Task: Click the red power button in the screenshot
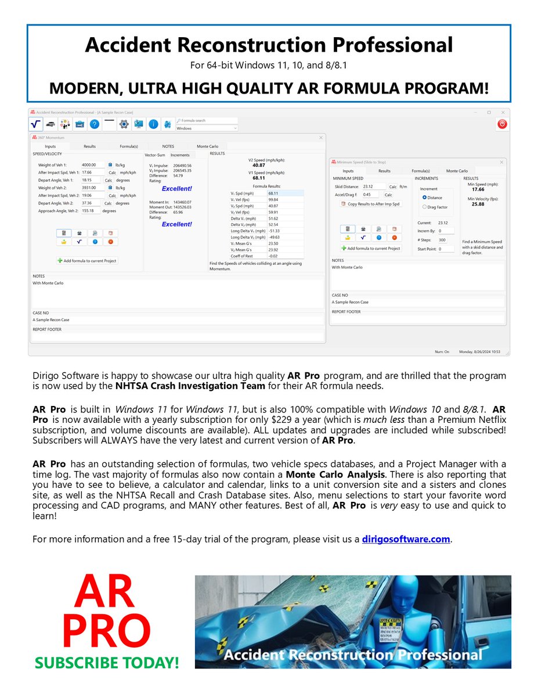pos(502,124)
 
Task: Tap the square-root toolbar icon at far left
pos(35,124)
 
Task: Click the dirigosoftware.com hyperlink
pos(406,538)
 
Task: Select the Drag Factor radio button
pos(425,207)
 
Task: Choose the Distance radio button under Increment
pos(425,197)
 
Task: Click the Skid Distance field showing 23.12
pos(373,186)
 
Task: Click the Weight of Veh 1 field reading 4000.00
pos(93,165)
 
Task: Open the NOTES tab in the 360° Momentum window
pos(168,146)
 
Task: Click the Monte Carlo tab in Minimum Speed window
pos(457,171)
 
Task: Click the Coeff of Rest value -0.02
pos(285,256)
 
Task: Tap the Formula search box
pos(207,121)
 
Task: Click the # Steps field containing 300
pos(446,240)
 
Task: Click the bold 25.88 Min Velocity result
pos(478,204)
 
